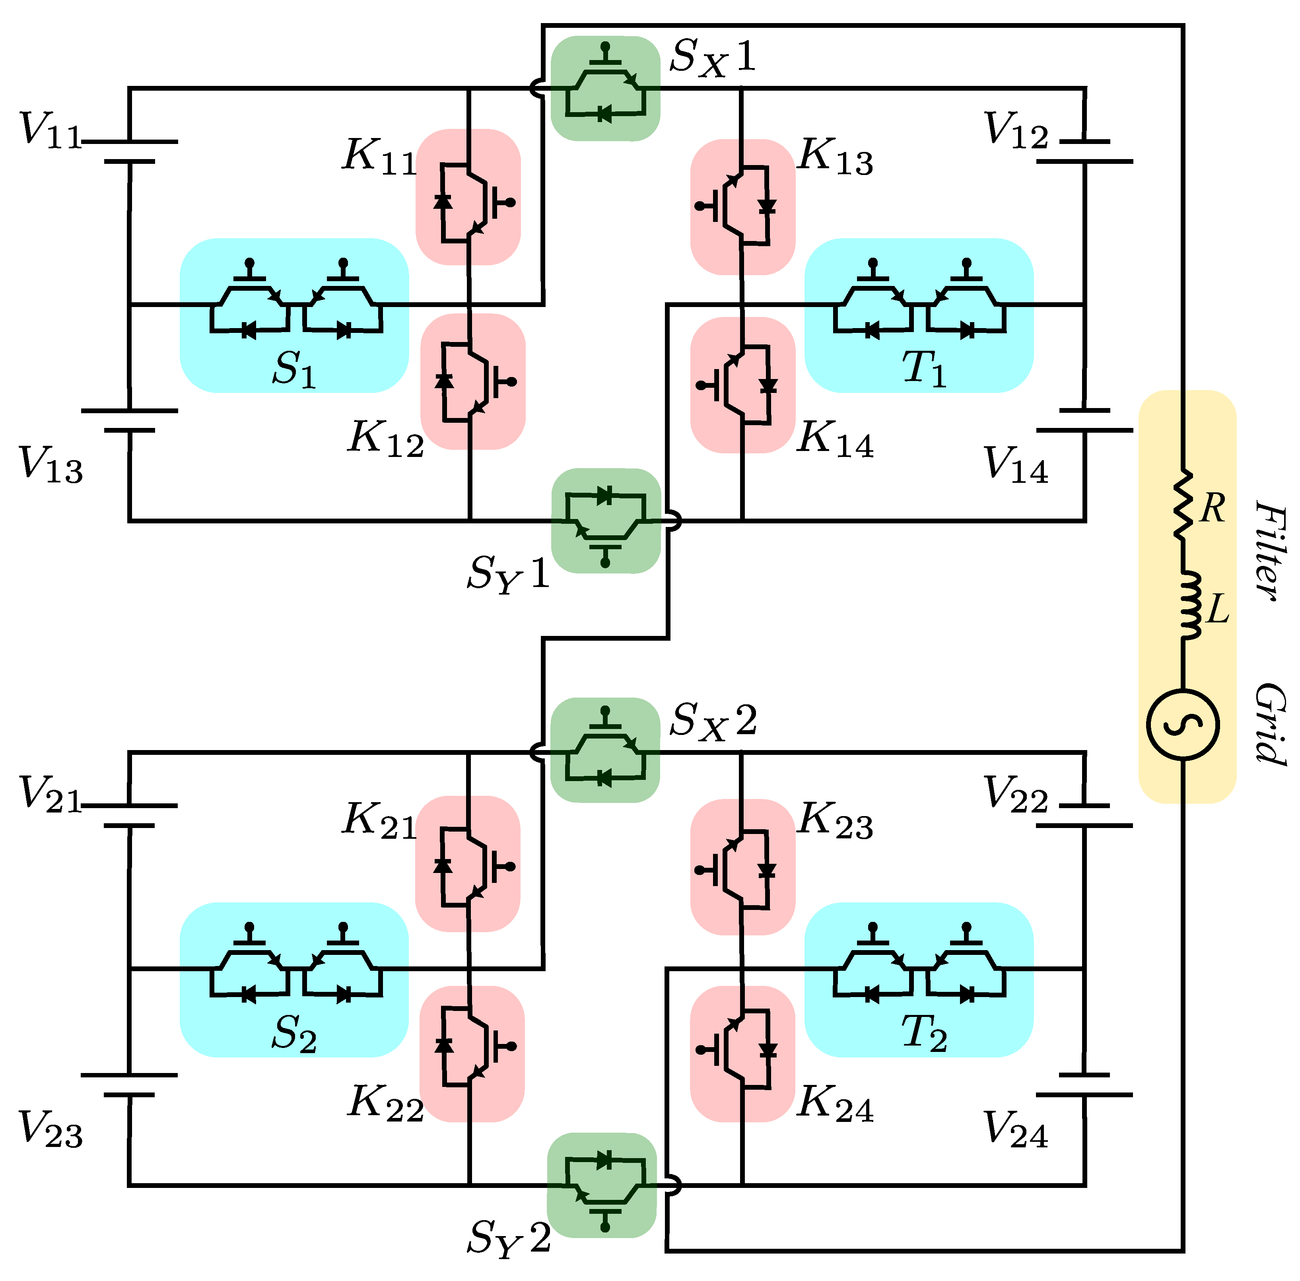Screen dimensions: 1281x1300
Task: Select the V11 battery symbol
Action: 129,152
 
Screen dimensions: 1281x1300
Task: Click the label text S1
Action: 294,369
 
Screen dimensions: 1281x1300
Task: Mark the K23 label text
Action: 836,822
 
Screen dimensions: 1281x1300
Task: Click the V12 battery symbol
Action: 1085,152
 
